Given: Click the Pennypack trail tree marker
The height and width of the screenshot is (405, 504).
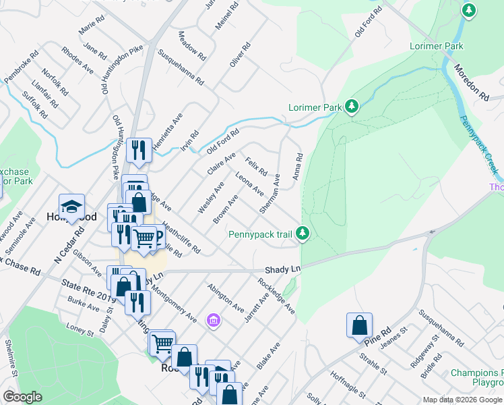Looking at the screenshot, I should (303, 234).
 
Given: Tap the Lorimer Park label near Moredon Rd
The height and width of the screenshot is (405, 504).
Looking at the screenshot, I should (437, 47).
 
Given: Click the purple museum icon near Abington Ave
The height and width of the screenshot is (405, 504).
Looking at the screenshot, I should (214, 319).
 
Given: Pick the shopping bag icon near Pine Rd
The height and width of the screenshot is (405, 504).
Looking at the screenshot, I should (359, 325).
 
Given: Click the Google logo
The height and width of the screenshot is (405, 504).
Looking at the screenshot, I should (23, 397).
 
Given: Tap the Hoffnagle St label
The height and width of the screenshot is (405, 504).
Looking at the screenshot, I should (346, 384).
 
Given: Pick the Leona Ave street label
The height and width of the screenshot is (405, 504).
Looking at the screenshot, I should (249, 184).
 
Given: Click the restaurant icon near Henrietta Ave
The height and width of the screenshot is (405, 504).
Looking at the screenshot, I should (139, 150).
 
